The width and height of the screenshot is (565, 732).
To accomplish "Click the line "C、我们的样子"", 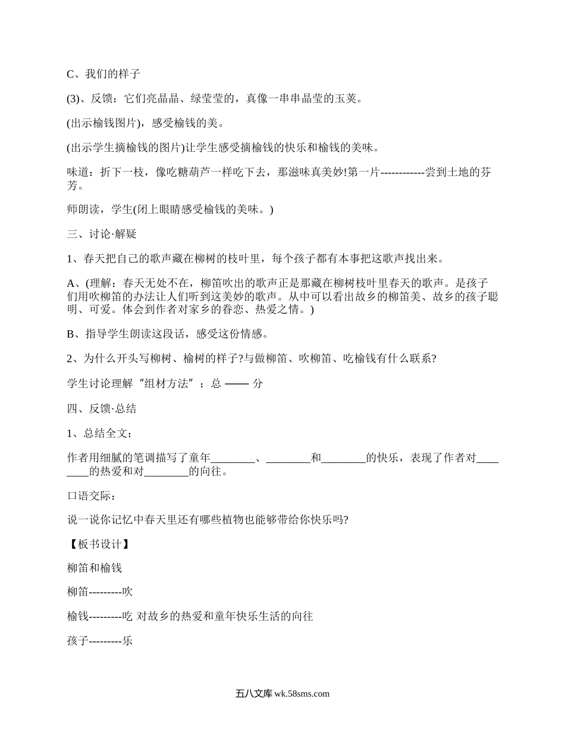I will click(x=103, y=74).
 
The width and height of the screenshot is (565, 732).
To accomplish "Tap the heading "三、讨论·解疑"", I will click(x=102, y=234).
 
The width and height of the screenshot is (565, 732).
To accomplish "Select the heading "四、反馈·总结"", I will click(x=102, y=408).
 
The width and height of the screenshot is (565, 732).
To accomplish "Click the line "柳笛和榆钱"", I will click(x=95, y=568).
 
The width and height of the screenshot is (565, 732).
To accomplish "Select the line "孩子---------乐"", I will click(x=100, y=642).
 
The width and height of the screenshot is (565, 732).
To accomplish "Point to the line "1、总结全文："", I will click(x=99, y=433).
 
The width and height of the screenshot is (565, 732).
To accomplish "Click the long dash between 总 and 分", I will click(x=237, y=384).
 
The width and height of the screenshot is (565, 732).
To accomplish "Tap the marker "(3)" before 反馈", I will click(x=73, y=99).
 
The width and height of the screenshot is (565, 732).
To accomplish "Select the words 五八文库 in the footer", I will click(x=253, y=693).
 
